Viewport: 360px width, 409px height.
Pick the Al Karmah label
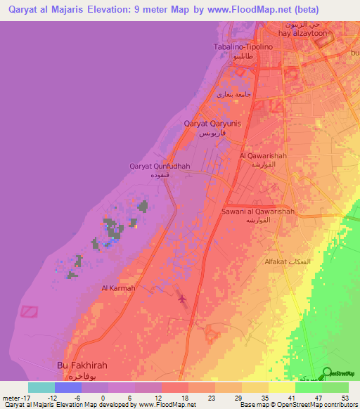[118, 288]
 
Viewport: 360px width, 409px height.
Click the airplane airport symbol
[184, 300]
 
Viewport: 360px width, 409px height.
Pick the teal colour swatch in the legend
[41, 387]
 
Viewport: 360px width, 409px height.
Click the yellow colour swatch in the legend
[281, 387]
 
